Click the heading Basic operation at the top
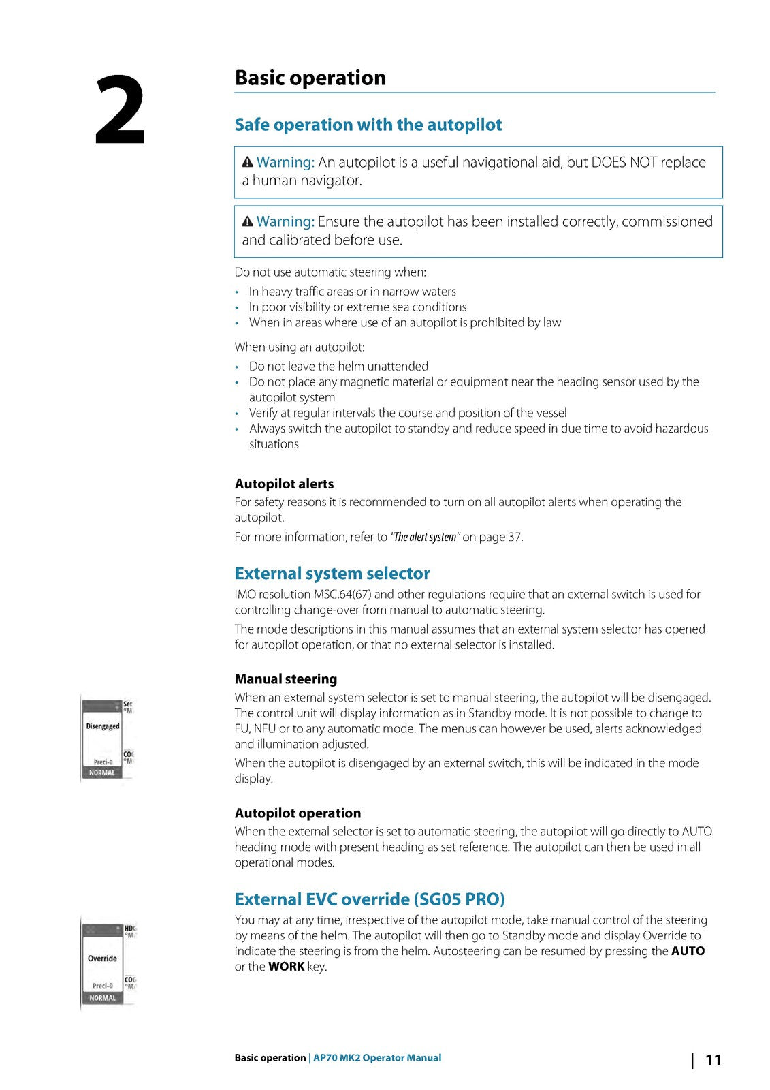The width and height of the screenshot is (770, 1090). pyautogui.click(x=310, y=78)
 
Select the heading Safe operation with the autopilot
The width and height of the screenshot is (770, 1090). pyautogui.click(x=368, y=125)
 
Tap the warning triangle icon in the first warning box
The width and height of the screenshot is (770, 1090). pyautogui.click(x=248, y=162)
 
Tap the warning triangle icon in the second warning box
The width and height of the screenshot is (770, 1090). pyautogui.click(x=248, y=221)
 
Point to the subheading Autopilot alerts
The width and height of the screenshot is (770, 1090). pyautogui.click(x=284, y=484)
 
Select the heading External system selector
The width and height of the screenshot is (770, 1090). pyautogui.click(x=332, y=573)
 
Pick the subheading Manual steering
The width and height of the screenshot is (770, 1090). pyautogui.click(x=285, y=679)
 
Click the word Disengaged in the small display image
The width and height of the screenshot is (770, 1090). pyautogui.click(x=103, y=726)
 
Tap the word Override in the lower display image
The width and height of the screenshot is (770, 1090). pyautogui.click(x=102, y=959)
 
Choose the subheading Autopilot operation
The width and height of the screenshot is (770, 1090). pyautogui.click(x=298, y=813)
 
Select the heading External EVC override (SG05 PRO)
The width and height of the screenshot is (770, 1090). pyautogui.click(x=369, y=899)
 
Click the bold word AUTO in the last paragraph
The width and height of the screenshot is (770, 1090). pyautogui.click(x=688, y=951)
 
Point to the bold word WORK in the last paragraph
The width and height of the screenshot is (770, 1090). pyautogui.click(x=286, y=967)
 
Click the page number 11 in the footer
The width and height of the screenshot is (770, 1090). pyautogui.click(x=713, y=1059)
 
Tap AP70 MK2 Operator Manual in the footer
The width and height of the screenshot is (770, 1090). pyautogui.click(x=376, y=1058)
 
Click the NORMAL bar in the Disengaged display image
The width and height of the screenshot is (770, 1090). pyautogui.click(x=102, y=773)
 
